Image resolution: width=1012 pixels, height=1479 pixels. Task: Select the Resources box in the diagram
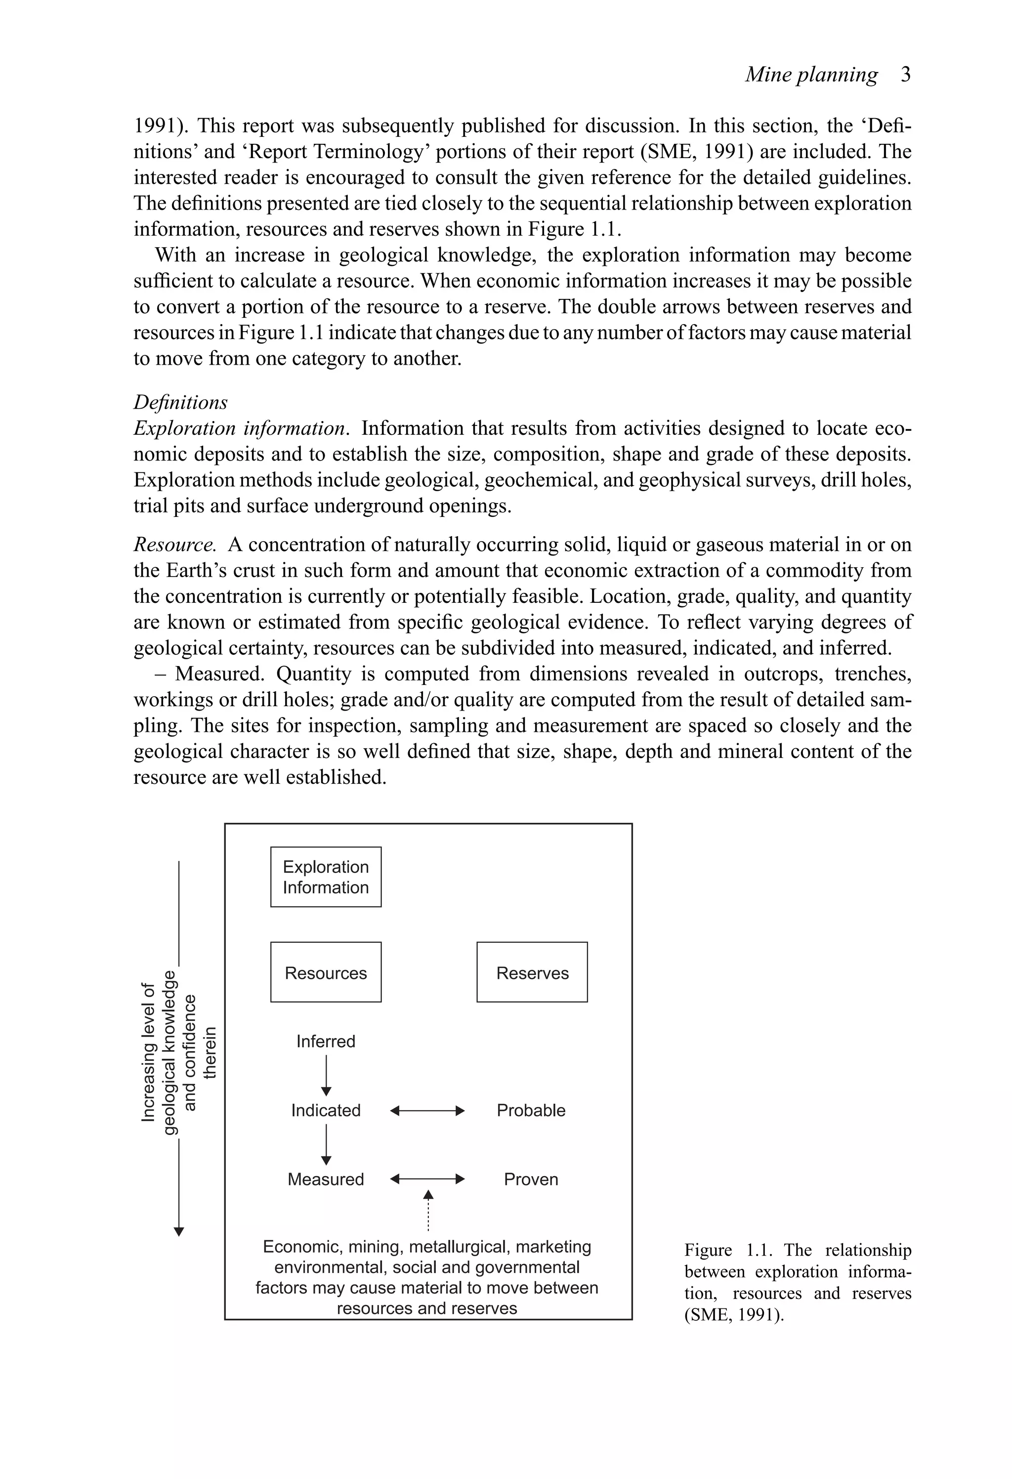pos(325,972)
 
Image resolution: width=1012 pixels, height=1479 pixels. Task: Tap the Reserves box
pos(532,972)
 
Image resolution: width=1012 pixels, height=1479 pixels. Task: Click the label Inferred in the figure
pos(325,1041)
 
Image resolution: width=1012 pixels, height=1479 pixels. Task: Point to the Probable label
pos(531,1110)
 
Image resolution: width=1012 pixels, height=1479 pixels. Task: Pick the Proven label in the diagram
pos(531,1179)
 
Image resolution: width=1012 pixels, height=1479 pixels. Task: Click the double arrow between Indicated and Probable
pos(427,1110)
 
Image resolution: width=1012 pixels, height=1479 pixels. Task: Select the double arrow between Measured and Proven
pos(427,1179)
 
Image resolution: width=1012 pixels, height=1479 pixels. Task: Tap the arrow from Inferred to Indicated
pos(326,1075)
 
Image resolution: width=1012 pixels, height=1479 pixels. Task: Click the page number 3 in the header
pos(906,75)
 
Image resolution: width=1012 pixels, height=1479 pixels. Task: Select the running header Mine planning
pos(811,75)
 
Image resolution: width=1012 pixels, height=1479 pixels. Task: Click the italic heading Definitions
pos(180,402)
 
